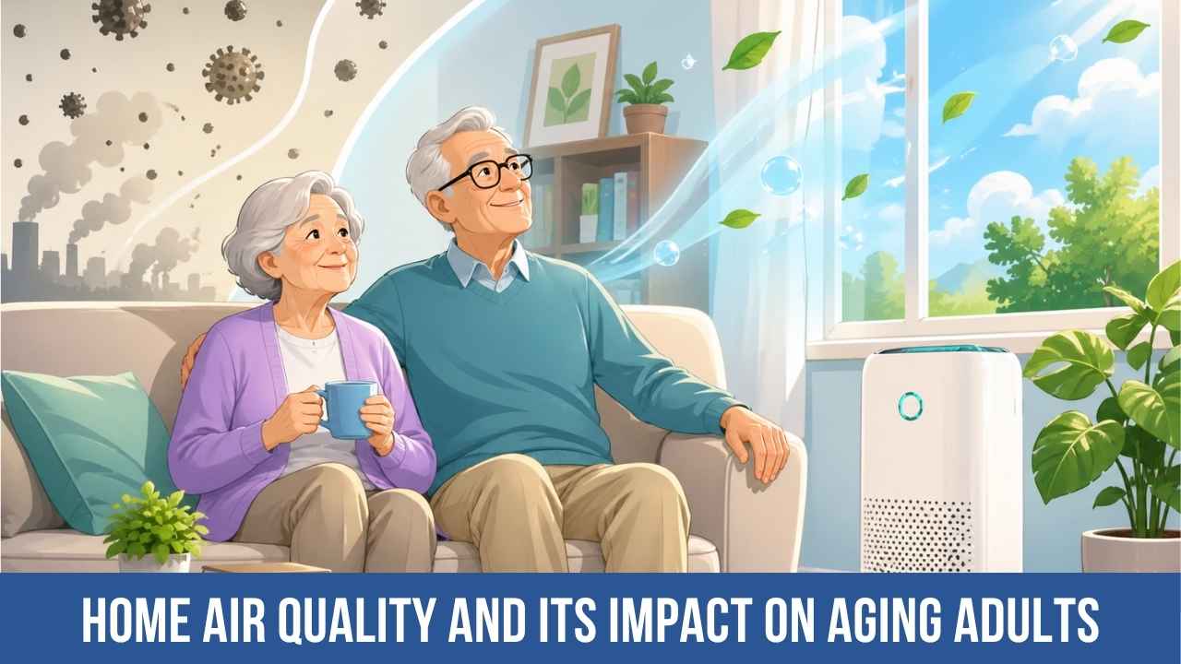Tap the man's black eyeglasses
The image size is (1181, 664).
(487, 172)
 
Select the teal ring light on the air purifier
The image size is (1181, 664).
(910, 404)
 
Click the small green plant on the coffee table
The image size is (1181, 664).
(154, 526)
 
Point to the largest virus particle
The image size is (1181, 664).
(233, 74)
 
